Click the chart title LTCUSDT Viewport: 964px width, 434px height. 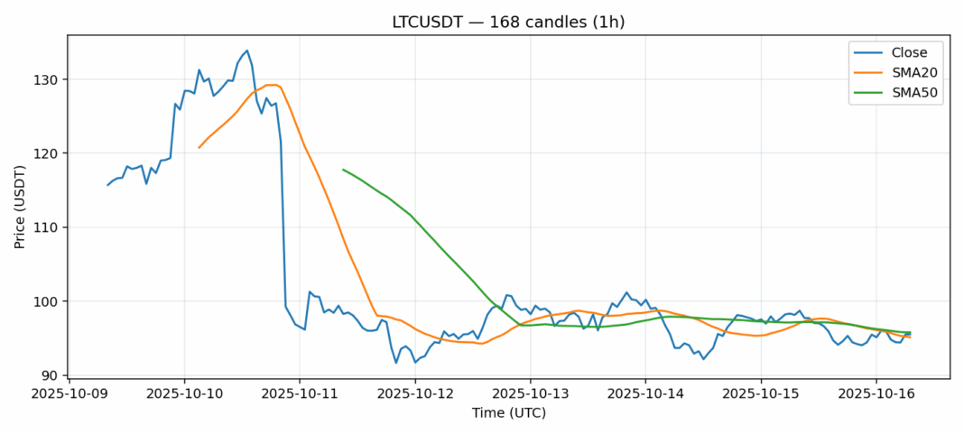point(508,22)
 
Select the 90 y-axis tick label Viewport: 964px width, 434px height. point(51,375)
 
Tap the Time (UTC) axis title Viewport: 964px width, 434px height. point(508,413)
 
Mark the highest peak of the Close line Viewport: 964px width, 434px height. point(246,51)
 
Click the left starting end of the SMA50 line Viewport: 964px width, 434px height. point(343,170)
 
